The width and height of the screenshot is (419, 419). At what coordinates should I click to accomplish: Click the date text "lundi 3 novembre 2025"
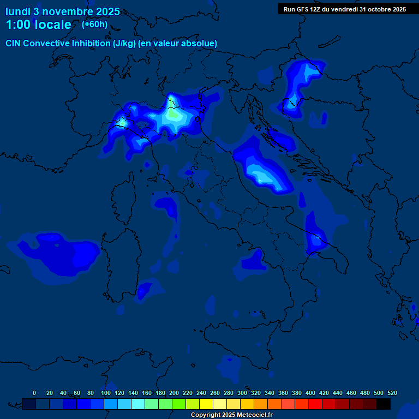pos(63,11)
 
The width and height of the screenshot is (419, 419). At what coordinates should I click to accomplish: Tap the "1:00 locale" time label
pos(38,25)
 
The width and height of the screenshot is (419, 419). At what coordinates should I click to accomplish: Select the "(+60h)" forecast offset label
pos(94,24)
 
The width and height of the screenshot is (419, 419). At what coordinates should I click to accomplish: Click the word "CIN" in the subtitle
pos(14,44)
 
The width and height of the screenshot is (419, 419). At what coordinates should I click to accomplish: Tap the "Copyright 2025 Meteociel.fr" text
pos(232,415)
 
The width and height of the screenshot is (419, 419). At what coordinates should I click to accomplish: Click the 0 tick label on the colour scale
pos(34,393)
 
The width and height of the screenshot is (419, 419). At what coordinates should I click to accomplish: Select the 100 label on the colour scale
pos(105,393)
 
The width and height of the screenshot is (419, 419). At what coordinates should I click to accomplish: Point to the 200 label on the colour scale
pos(174,393)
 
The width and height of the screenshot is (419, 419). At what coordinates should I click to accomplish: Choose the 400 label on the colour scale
pos(310,393)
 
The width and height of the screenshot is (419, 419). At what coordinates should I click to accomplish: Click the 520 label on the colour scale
pos(392,393)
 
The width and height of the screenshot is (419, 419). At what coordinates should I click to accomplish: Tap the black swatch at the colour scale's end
pos(384,404)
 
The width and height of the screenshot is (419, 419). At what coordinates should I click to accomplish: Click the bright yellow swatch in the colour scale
pos(206,404)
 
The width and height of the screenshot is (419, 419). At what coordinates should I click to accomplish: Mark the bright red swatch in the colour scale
pos(315,404)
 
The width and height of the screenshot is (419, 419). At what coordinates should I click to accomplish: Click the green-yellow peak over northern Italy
pos(173,113)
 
